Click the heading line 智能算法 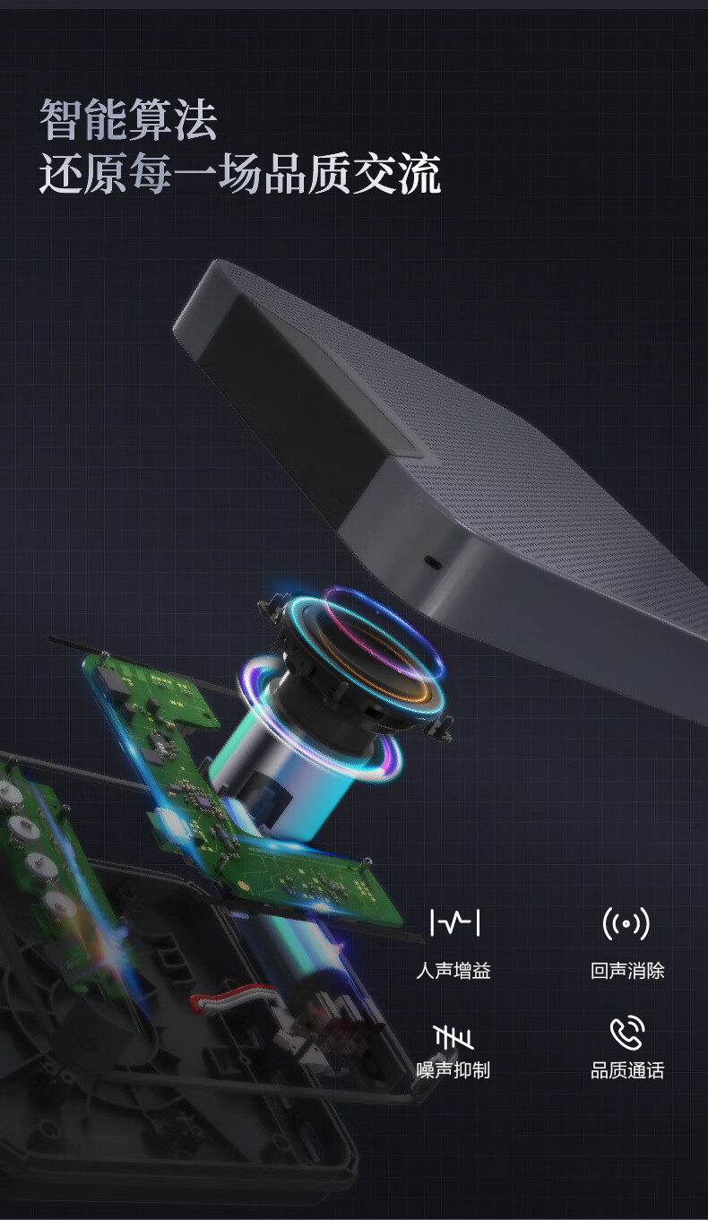(x=128, y=119)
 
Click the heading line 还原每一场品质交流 (x=239, y=173)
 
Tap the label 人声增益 (x=453, y=971)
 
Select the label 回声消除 (x=627, y=971)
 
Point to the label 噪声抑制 (x=453, y=1070)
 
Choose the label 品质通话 (x=627, y=1070)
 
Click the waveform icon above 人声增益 (x=454, y=922)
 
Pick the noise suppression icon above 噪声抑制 (x=453, y=1036)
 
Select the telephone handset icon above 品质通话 (x=626, y=1033)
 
